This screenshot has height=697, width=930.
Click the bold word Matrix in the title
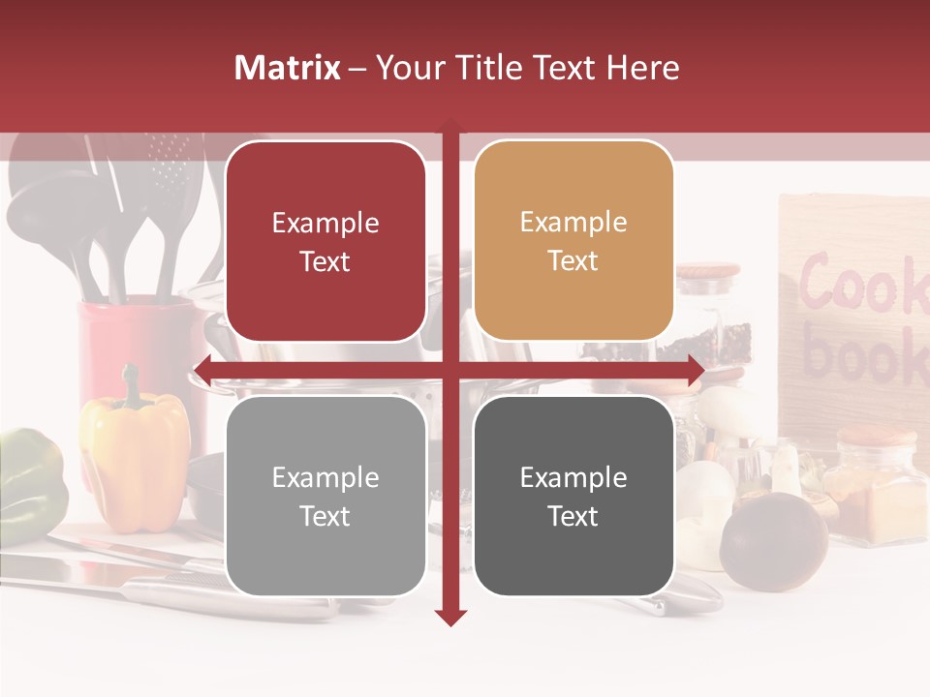tap(288, 68)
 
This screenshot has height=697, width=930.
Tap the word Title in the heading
tap(490, 68)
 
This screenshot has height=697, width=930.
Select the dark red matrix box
tap(325, 241)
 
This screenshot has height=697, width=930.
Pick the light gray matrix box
tap(325, 496)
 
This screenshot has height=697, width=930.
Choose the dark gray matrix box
tap(573, 496)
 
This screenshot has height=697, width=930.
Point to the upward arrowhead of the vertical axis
tap(450, 127)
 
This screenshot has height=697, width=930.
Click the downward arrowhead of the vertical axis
tap(450, 617)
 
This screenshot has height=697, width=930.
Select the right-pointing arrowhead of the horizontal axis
tap(696, 371)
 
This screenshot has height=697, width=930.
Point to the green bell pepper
tap(29, 479)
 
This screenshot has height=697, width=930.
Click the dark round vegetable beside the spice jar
tap(773, 540)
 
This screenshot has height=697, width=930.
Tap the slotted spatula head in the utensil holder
tap(170, 165)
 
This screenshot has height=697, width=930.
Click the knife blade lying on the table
tap(68, 571)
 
